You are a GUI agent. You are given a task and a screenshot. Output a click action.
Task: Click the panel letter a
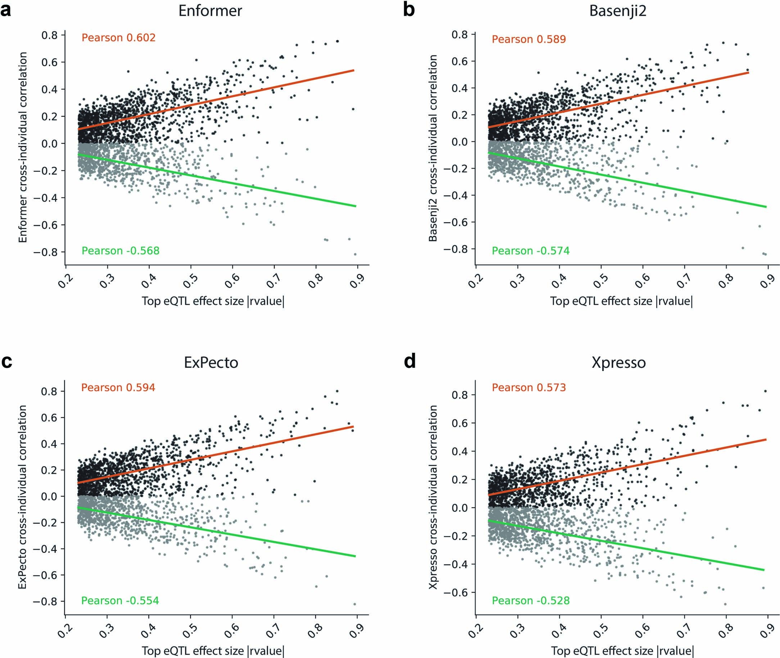(x=6, y=10)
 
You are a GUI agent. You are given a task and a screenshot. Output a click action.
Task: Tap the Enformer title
(x=210, y=11)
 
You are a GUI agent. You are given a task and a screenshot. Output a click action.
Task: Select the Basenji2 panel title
(x=618, y=11)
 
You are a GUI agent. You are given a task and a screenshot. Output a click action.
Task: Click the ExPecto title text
(x=211, y=362)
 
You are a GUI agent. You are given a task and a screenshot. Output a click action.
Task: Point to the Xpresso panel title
(x=618, y=362)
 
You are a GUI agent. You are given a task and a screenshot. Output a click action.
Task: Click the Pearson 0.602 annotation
(x=118, y=38)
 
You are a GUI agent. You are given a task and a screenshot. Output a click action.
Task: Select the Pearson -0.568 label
(x=120, y=251)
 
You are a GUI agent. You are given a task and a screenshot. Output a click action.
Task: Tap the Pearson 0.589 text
(x=529, y=39)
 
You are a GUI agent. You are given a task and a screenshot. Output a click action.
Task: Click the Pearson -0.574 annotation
(x=530, y=251)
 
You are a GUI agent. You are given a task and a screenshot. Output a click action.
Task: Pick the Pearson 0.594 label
(x=118, y=388)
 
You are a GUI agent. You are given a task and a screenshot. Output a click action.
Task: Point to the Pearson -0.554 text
(x=120, y=600)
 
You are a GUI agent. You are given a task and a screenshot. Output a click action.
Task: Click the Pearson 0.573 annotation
(x=529, y=388)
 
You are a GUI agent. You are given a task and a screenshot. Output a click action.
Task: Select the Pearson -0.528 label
(x=530, y=600)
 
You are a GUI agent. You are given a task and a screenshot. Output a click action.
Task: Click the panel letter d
(x=410, y=361)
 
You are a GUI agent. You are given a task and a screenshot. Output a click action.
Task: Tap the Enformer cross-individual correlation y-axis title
(x=23, y=147)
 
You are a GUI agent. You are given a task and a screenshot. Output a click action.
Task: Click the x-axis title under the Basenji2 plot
(x=621, y=301)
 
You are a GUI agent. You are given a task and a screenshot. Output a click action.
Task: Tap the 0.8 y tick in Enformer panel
(x=49, y=35)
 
